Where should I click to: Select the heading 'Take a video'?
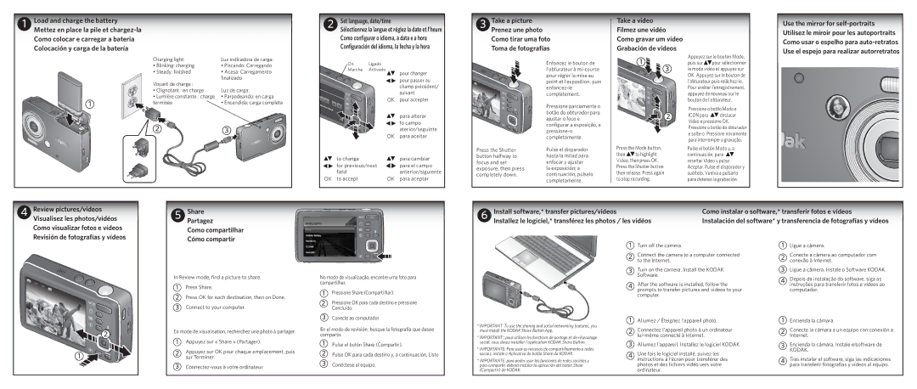[x=638, y=20]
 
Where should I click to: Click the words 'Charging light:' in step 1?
[x=168, y=59]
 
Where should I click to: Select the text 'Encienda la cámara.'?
[x=819, y=320]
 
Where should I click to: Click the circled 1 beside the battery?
[x=87, y=104]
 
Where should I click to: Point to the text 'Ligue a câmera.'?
[x=813, y=245]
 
